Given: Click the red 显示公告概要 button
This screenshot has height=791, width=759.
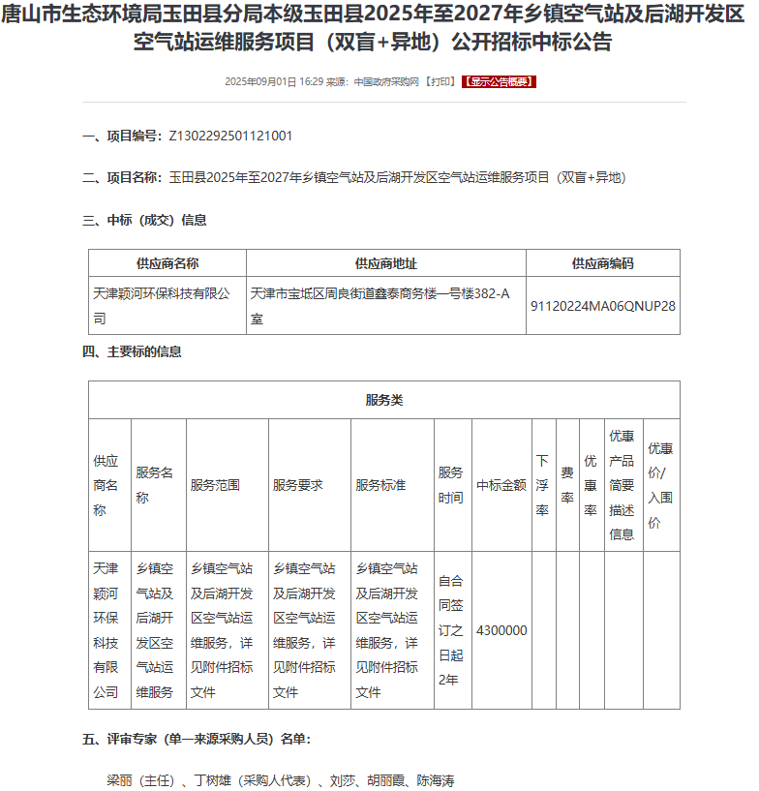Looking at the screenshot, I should pyautogui.click(x=499, y=82).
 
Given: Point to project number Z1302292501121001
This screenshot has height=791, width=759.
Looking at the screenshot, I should pyautogui.click(x=230, y=137).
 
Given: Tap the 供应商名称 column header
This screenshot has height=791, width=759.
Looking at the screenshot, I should pyautogui.click(x=167, y=263).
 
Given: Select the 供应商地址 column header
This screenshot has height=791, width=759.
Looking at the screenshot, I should pyautogui.click(x=386, y=263).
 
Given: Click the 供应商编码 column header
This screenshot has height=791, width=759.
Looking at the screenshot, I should pyautogui.click(x=602, y=263).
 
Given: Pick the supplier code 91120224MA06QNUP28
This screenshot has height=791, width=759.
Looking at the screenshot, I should pyautogui.click(x=602, y=305).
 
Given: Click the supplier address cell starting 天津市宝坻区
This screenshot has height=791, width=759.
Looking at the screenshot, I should pyautogui.click(x=380, y=305).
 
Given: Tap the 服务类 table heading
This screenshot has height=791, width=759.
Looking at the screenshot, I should pyautogui.click(x=383, y=400).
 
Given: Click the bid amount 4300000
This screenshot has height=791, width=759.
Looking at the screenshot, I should pyautogui.click(x=501, y=630).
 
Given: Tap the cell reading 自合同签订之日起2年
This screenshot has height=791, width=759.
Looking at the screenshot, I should pyautogui.click(x=451, y=630).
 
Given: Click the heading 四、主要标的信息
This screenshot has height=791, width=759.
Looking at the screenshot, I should pyautogui.click(x=132, y=351).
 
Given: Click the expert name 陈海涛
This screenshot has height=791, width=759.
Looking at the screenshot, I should pyautogui.click(x=436, y=780).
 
